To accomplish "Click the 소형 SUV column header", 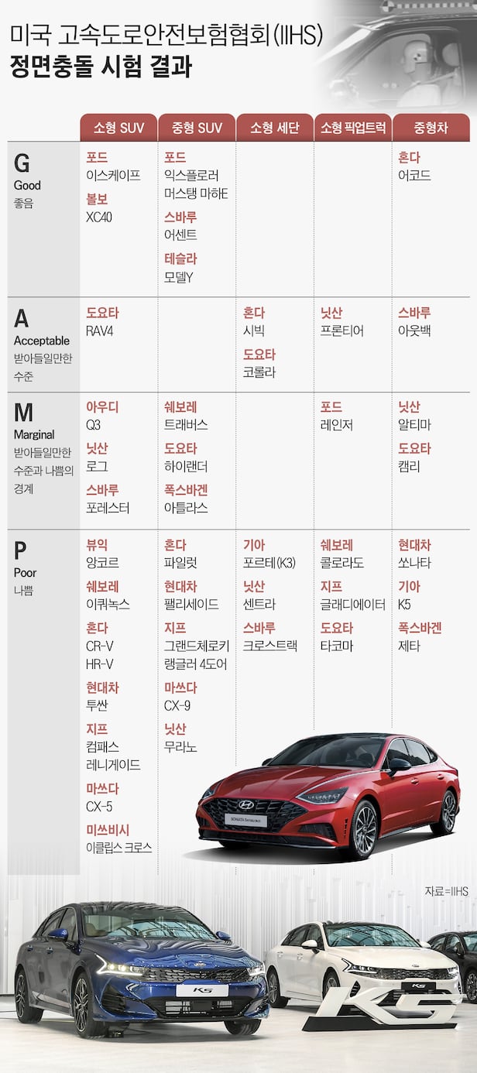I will point(119,128).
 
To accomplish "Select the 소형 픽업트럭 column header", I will point(353,128).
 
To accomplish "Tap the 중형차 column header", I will point(431,128).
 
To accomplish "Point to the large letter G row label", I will point(22,164).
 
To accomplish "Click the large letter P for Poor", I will point(21,551).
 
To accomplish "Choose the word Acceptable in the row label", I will point(42,341).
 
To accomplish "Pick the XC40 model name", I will point(99,217).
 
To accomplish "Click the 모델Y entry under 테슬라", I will point(178,276).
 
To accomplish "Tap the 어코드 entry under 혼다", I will point(414,176).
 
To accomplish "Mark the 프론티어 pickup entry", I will point(342,331).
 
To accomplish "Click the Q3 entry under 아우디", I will point(94,425).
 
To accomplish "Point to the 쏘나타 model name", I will point(414,563).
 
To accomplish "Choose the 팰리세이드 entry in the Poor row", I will point(191,604).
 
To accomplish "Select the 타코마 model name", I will point(337,646).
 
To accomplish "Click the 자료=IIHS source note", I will point(446,892).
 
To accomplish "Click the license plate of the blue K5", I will point(201,990).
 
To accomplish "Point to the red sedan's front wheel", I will point(362,830).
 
